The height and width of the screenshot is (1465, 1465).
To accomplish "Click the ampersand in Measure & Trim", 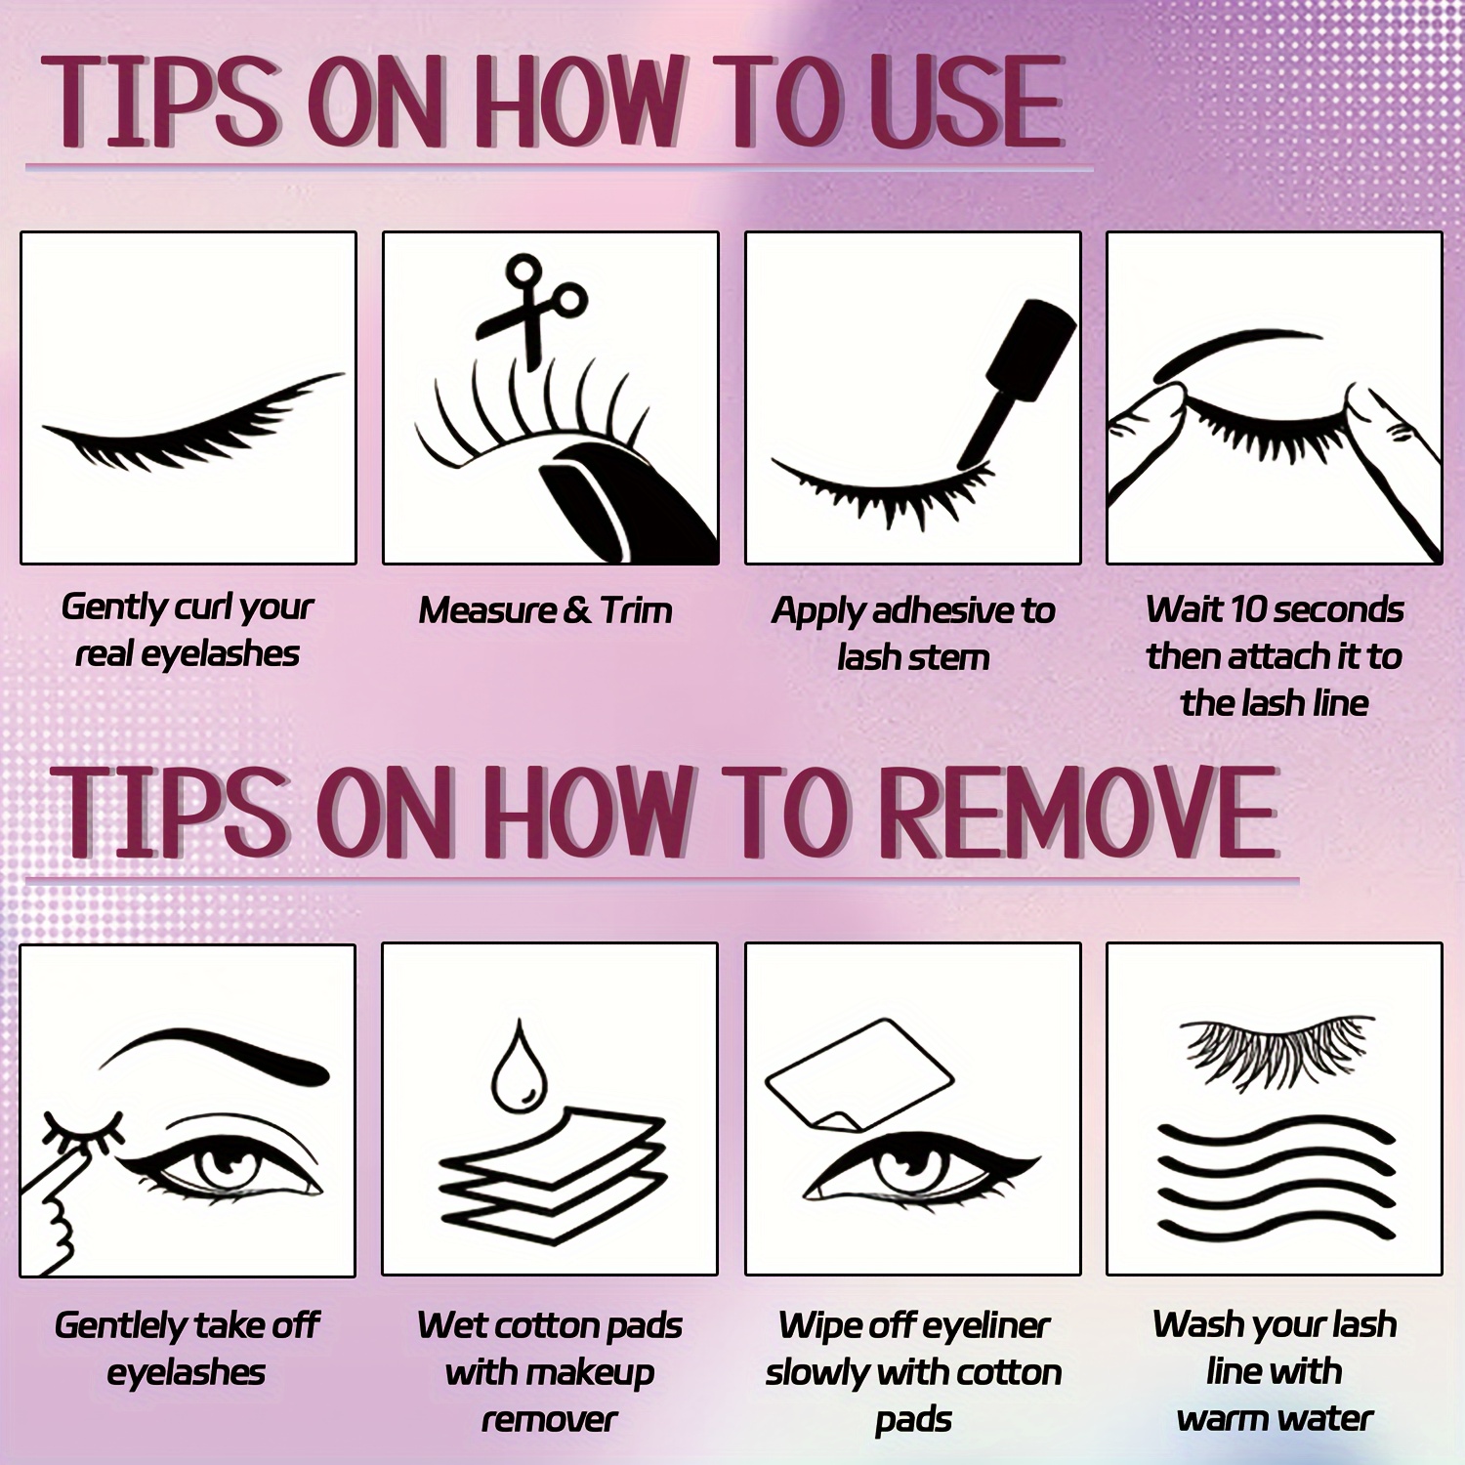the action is coord(576,611).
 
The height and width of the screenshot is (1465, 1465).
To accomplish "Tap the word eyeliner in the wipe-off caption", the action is coord(984,1326).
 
